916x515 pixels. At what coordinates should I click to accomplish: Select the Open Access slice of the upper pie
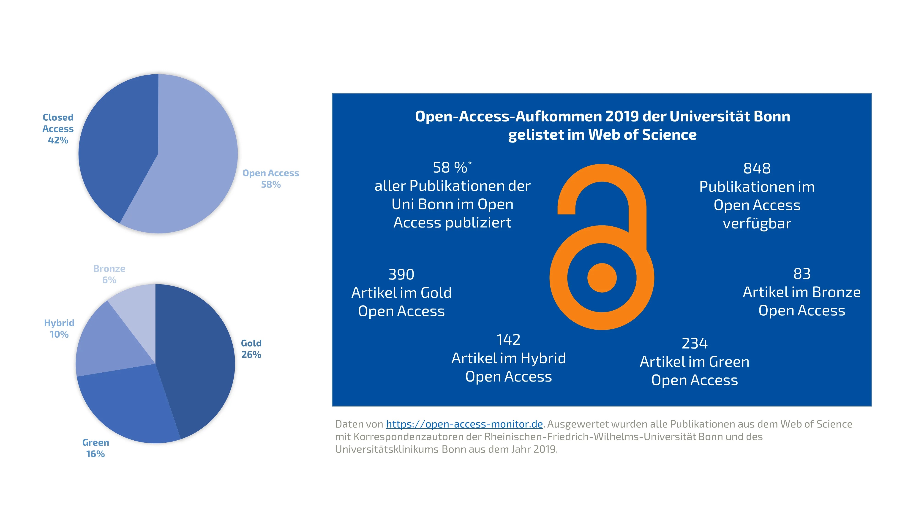192,160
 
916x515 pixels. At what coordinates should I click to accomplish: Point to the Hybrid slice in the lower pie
107,341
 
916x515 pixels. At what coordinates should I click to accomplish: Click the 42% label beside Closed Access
58,140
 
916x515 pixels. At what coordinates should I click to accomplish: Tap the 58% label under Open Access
271,184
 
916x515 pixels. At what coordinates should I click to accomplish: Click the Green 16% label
95,454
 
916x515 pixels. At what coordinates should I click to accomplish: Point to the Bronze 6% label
109,280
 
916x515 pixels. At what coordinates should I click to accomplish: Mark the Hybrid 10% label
59,334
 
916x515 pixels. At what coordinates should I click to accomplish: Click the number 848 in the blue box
757,168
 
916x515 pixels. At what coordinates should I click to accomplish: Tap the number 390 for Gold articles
401,274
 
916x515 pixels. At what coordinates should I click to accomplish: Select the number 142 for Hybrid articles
508,340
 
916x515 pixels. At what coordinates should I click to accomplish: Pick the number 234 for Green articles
695,343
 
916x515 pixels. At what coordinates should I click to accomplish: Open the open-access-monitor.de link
464,424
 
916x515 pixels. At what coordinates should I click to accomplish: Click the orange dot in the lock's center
602,278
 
